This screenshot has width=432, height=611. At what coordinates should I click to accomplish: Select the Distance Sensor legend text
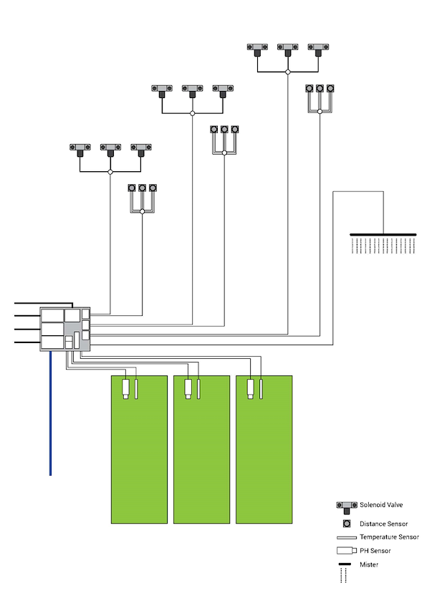click(x=383, y=524)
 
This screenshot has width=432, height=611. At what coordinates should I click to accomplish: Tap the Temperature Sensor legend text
click(x=389, y=537)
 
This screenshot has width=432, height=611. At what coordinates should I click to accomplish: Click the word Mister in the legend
click(x=369, y=564)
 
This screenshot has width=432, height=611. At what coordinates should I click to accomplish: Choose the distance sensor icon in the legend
click(x=347, y=523)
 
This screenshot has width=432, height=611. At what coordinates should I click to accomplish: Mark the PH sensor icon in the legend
click(x=346, y=551)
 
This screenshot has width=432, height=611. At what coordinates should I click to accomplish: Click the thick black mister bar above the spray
click(x=383, y=234)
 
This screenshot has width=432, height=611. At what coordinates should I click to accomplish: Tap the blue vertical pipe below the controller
click(x=50, y=415)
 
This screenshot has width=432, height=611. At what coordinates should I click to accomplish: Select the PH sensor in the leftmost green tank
click(x=125, y=389)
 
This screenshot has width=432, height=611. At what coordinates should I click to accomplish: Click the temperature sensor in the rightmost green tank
click(x=261, y=389)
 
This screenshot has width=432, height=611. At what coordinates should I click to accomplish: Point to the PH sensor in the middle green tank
click(x=188, y=389)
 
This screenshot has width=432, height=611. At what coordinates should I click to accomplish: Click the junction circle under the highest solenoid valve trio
click(x=287, y=72)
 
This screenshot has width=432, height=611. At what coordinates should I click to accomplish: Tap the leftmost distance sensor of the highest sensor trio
click(x=309, y=89)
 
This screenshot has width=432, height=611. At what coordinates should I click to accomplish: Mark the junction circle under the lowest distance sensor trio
click(x=142, y=211)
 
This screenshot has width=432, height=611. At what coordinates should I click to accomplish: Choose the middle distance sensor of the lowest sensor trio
click(x=142, y=188)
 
